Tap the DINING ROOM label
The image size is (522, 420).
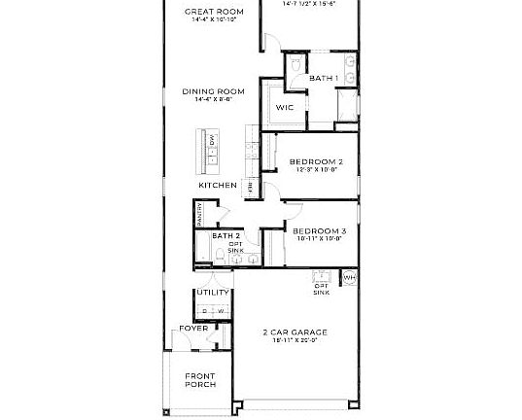214,92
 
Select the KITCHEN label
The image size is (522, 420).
218,185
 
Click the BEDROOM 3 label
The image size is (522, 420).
320,231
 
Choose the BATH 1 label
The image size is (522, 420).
323,78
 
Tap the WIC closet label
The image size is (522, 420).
285,108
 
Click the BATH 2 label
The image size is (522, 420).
226,236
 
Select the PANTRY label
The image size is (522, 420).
200,215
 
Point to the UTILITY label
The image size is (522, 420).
213,293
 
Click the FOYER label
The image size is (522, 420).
193,329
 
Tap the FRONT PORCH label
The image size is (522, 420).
200,380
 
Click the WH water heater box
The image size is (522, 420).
350,279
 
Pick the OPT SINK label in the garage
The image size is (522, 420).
321,289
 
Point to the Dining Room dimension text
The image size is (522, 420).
214,100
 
